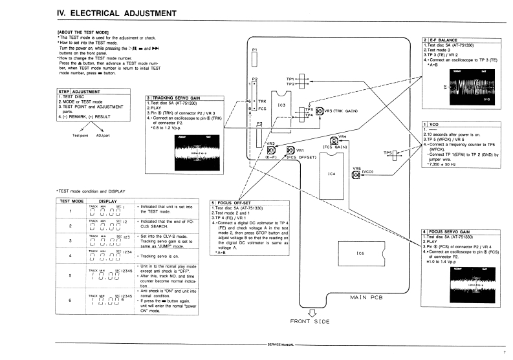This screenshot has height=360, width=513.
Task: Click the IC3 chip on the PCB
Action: click(x=281, y=105)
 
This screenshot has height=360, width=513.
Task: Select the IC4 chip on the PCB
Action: click(x=333, y=174)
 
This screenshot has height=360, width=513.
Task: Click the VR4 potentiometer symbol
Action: click(x=334, y=141)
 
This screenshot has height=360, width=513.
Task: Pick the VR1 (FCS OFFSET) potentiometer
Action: click(x=290, y=151)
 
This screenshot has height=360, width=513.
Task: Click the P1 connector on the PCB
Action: click(x=255, y=59)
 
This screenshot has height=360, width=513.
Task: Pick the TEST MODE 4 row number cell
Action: click(x=69, y=257)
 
